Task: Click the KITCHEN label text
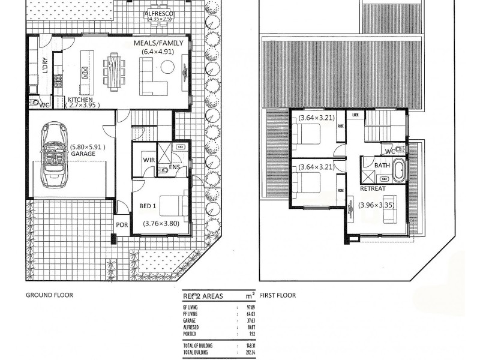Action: (80, 100)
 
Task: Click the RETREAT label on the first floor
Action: (373, 188)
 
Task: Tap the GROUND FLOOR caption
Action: (49, 295)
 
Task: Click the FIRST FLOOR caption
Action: (278, 295)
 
